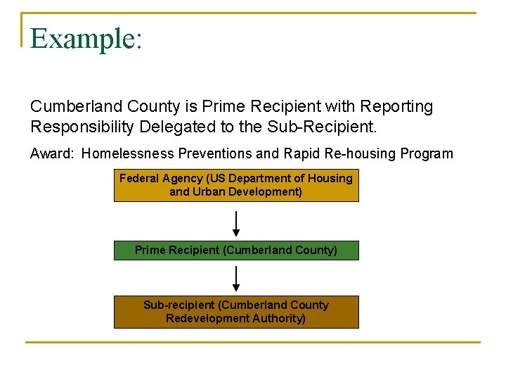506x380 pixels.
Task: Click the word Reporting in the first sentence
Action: point(396,106)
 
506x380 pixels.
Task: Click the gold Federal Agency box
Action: point(236,186)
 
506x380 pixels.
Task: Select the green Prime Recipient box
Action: point(236,251)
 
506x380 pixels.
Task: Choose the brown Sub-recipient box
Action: point(236,312)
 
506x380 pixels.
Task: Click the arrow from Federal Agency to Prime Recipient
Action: point(236,224)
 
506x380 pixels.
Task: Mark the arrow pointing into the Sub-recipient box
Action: point(236,279)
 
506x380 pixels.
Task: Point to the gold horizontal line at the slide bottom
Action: point(253,343)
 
